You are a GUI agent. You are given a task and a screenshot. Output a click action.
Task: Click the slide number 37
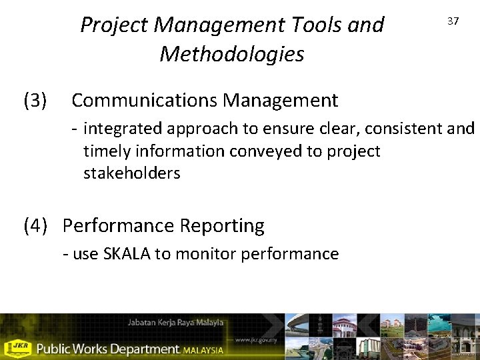(453, 21)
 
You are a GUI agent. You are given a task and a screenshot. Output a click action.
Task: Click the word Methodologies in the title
(231, 54)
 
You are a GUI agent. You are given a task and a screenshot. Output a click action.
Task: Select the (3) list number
(35, 101)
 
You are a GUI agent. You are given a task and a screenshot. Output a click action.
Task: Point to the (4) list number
(35, 226)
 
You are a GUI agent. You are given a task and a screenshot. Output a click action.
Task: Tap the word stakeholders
(131, 173)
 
